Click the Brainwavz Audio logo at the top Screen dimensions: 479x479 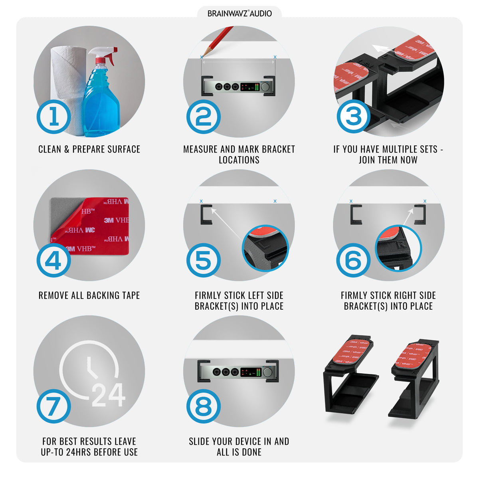coord(239,14)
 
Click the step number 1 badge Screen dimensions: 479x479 coord(54,117)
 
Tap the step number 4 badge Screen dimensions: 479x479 coord(54,260)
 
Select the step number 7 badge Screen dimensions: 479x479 coord(54,406)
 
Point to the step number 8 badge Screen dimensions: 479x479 coord(203,406)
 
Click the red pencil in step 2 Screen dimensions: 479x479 coord(218,41)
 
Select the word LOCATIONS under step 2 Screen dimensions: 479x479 coord(239,160)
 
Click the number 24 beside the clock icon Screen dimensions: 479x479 coord(109,395)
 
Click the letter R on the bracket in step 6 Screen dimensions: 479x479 coord(402,245)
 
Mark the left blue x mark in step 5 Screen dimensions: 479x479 coord(201,201)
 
